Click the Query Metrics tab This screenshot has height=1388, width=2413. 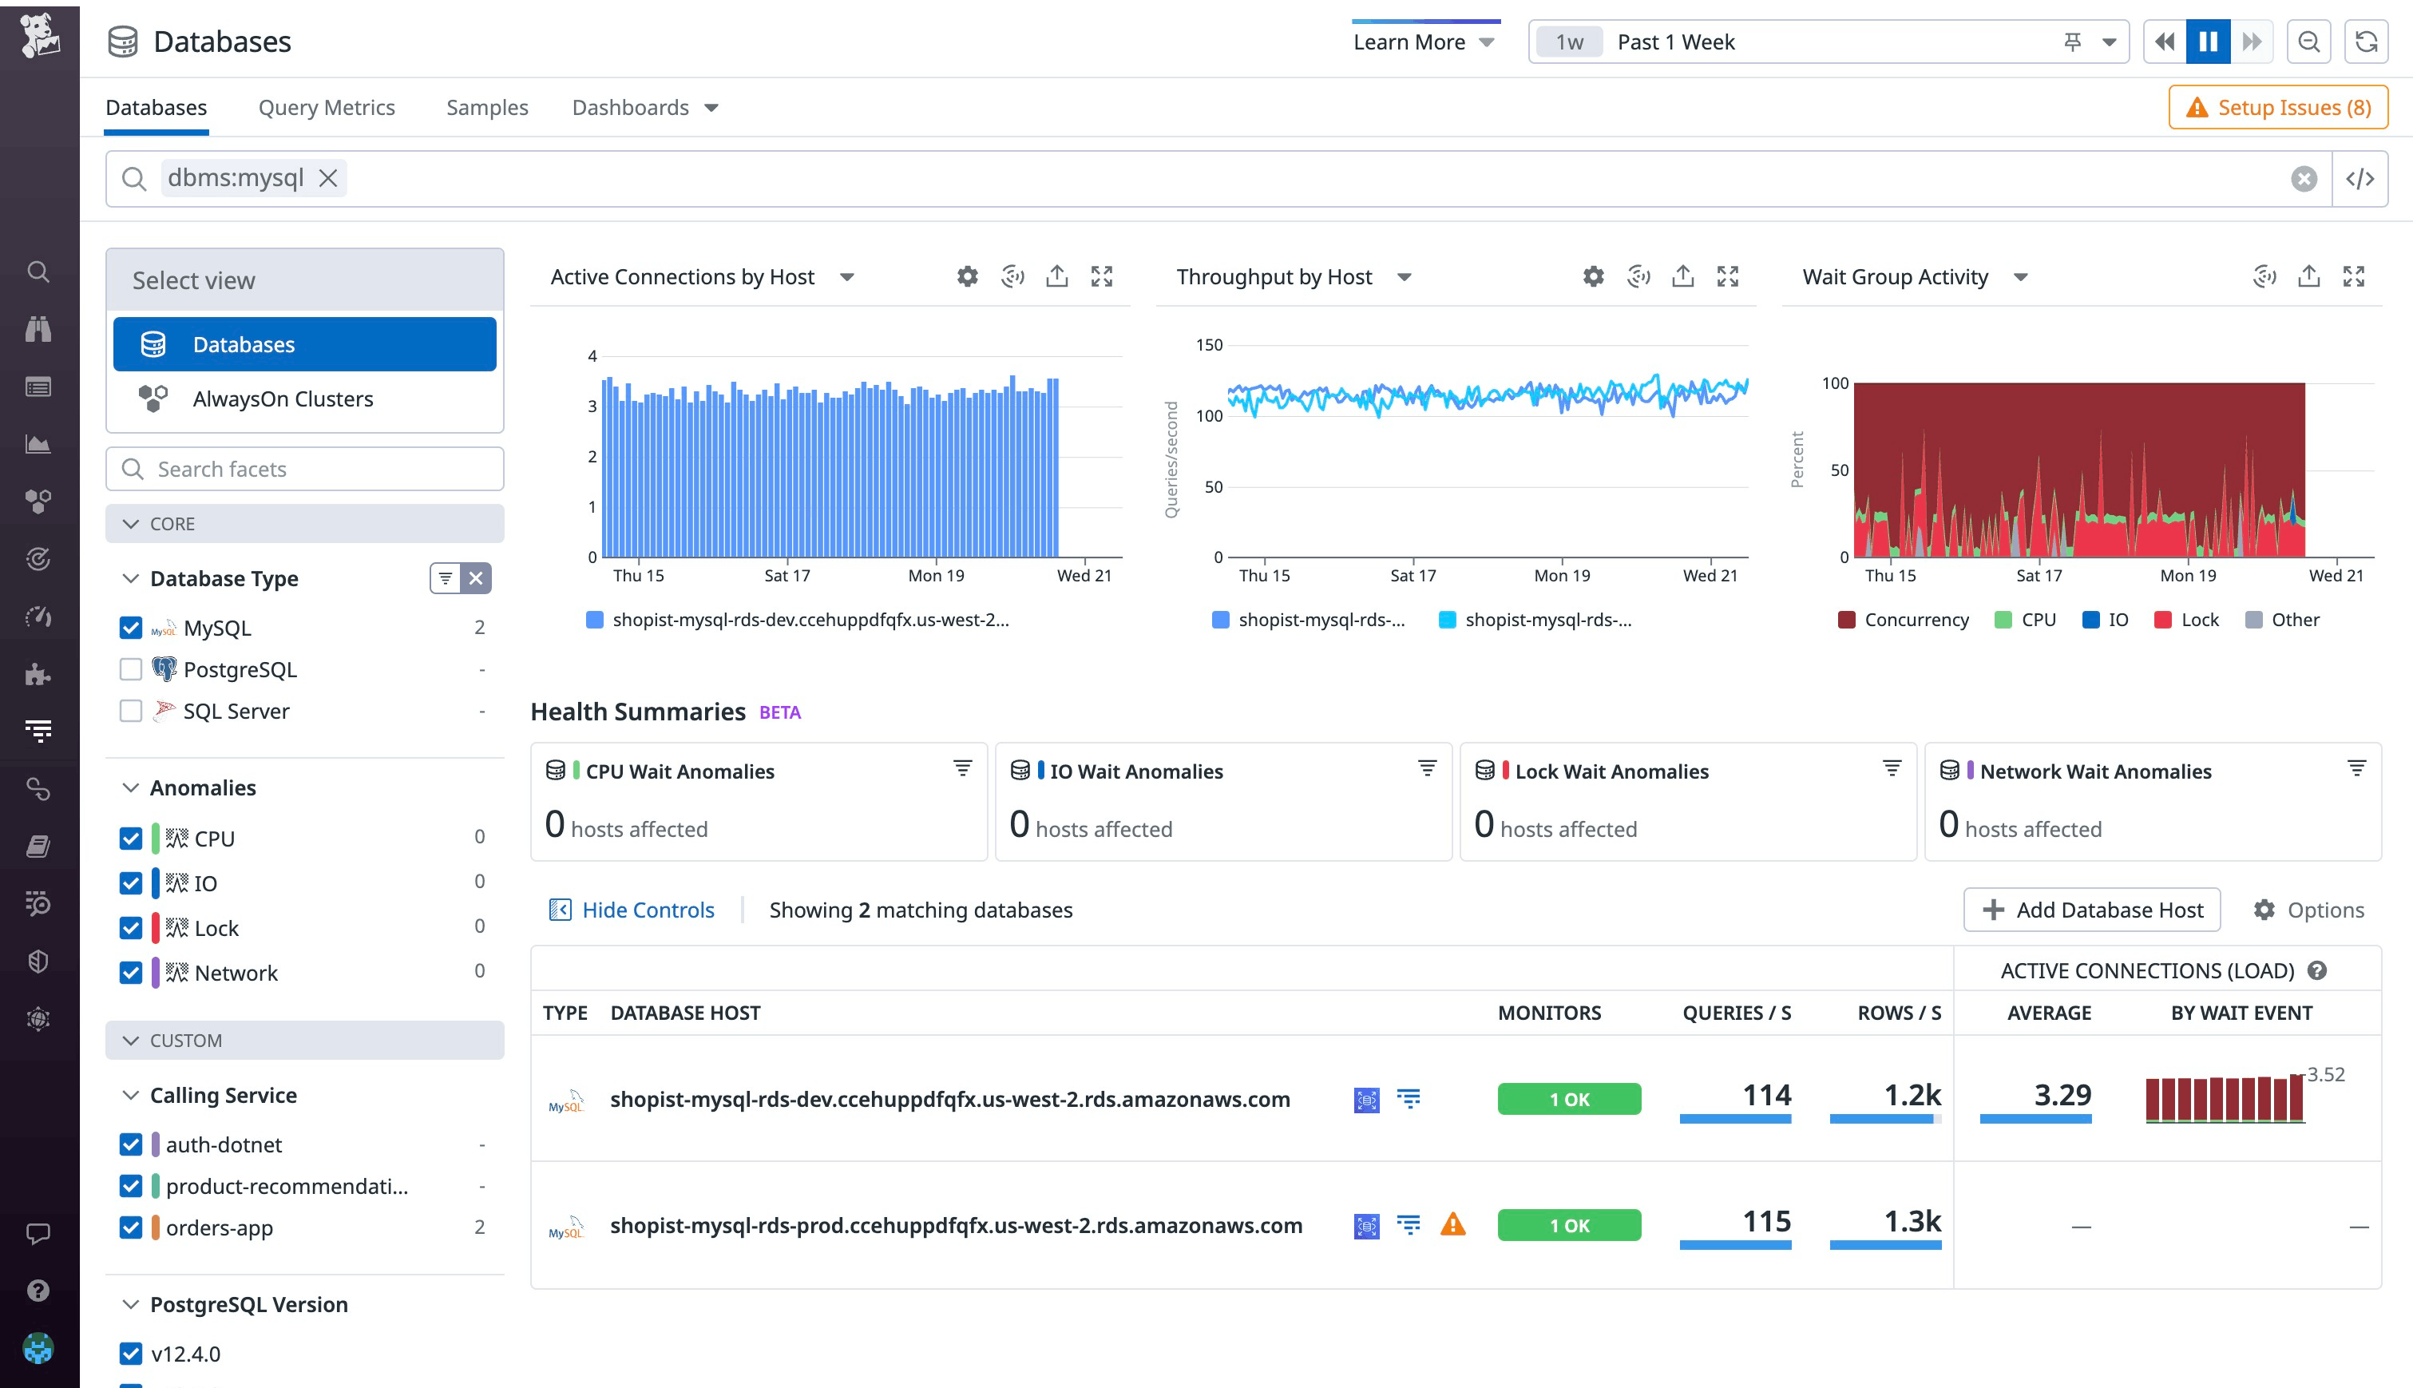[326, 108]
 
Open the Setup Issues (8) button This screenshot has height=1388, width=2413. [2278, 108]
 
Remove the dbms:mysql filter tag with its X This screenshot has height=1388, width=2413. [328, 178]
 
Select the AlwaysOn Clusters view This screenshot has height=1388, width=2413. [282, 399]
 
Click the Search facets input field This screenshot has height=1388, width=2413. [305, 469]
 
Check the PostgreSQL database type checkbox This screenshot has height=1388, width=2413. [131, 669]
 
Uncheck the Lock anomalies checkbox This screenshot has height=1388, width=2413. [131, 927]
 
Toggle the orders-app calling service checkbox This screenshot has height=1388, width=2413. [131, 1227]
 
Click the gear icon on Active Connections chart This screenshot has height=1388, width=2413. [967, 276]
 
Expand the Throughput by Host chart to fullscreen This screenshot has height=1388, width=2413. [1728, 276]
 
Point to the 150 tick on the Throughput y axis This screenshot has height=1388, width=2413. [1208, 345]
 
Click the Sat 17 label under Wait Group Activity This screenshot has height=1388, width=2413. [2039, 576]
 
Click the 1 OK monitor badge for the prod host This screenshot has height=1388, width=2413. [1569, 1225]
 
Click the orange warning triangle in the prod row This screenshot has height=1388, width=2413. [1452, 1224]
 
